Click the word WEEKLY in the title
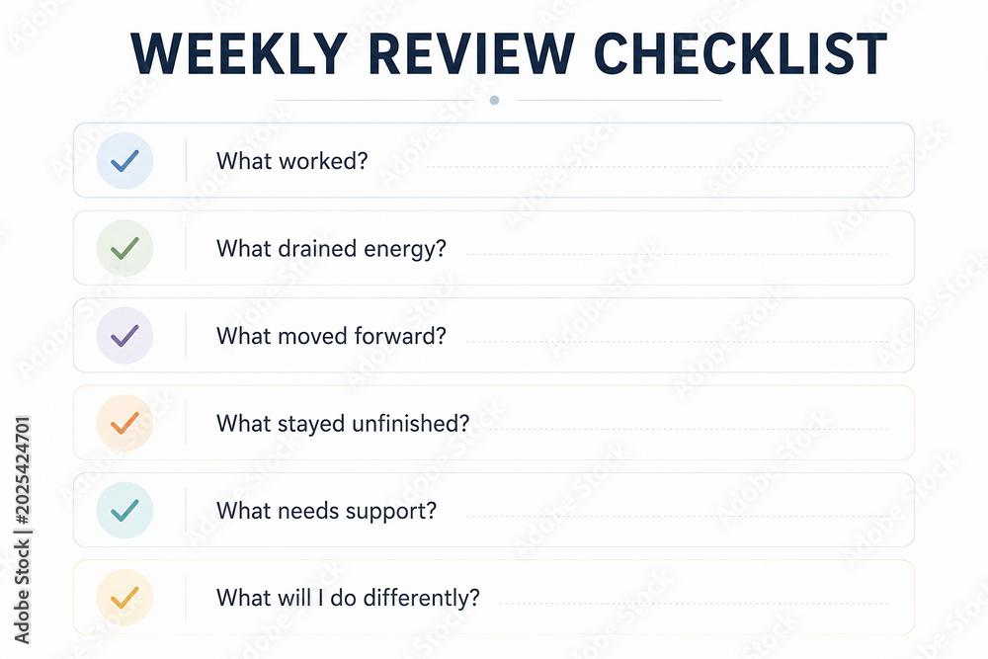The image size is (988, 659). pos(239,54)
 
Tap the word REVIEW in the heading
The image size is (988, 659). pos(470,54)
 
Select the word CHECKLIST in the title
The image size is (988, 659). pos(740,54)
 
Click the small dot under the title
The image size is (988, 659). pos(495,100)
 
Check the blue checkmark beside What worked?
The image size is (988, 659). pos(124,161)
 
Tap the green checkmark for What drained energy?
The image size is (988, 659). pos(124,248)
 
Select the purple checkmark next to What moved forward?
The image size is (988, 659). pos(124,336)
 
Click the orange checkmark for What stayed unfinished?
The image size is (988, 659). pos(124,423)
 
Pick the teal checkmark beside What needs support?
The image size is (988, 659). pos(124,511)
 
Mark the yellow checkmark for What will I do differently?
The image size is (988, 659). pos(124,598)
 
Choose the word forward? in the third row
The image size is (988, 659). pos(400,336)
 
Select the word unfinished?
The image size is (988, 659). pos(411,423)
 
